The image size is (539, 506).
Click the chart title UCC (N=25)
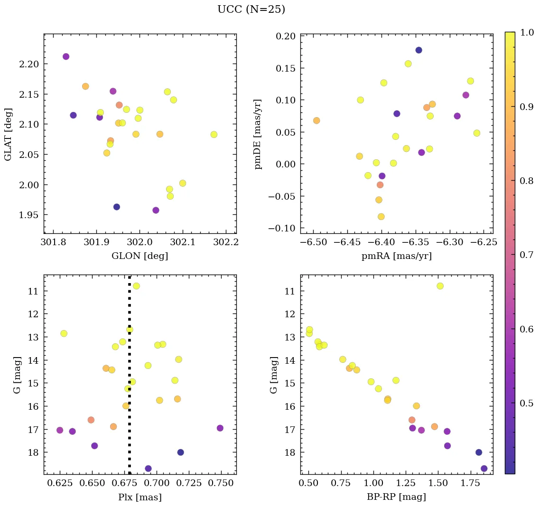pyautogui.click(x=251, y=9)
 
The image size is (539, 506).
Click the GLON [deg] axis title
pyautogui.click(x=139, y=256)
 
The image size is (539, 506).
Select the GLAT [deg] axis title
pyautogui.click(x=8, y=134)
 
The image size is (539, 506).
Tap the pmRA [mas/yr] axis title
pyautogui.click(x=397, y=256)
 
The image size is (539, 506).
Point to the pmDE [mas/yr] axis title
pyautogui.click(x=258, y=134)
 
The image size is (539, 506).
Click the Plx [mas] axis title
pyautogui.click(x=139, y=497)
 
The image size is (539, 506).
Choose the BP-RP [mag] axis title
pyautogui.click(x=397, y=497)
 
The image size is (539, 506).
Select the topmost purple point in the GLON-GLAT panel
pyautogui.click(x=66, y=56)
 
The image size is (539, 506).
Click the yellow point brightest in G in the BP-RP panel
pyautogui.click(x=440, y=286)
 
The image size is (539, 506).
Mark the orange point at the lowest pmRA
pyautogui.click(x=316, y=120)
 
